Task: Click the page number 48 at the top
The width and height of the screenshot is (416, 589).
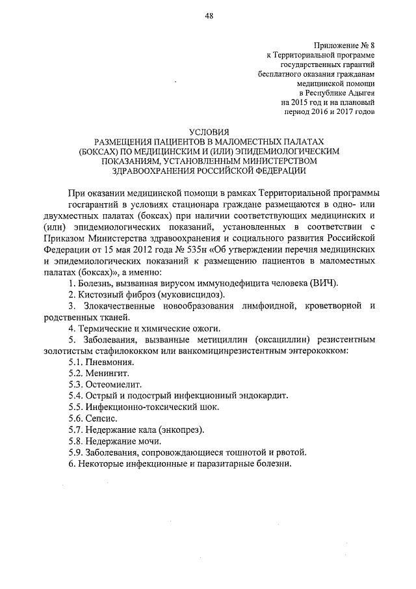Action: [x=209, y=16]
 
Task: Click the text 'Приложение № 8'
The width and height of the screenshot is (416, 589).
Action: [x=344, y=45]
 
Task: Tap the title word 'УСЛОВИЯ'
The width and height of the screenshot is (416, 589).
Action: [x=208, y=131]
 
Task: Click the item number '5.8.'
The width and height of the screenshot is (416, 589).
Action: [x=77, y=441]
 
